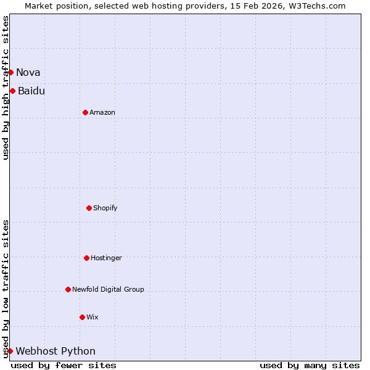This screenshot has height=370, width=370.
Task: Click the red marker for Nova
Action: coord(10,72)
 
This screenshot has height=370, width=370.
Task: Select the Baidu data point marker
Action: coord(12,91)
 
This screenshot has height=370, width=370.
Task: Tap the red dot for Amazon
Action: coord(85,112)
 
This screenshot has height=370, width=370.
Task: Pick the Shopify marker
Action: coord(89,208)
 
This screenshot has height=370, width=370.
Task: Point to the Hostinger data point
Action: coord(86,258)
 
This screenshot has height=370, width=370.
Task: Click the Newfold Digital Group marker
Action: coord(68,289)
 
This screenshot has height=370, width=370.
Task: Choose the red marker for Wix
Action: coord(82,317)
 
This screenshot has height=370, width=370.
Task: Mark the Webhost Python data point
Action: coord(10,351)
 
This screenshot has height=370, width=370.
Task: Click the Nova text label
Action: coord(28,72)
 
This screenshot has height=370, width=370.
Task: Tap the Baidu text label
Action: coord(31,91)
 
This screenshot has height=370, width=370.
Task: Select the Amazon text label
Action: coord(102,112)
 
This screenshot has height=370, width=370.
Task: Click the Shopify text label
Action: coord(105,208)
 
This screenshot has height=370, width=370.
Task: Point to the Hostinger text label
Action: coord(107,258)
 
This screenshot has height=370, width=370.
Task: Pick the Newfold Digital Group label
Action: coord(108,289)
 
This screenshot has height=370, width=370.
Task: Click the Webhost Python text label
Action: coord(55,351)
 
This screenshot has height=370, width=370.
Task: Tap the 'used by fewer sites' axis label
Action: coord(64,365)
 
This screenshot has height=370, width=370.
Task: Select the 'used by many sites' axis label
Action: coord(310,365)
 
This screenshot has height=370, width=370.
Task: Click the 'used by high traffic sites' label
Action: coord(6,88)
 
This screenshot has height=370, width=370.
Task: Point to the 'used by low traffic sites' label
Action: coord(6,289)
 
